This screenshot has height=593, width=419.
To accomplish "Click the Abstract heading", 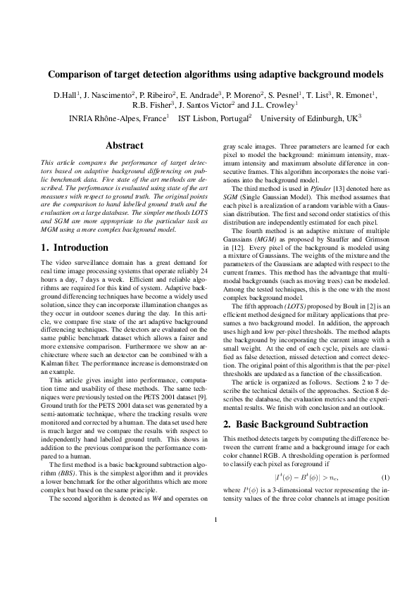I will tap(124, 146).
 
